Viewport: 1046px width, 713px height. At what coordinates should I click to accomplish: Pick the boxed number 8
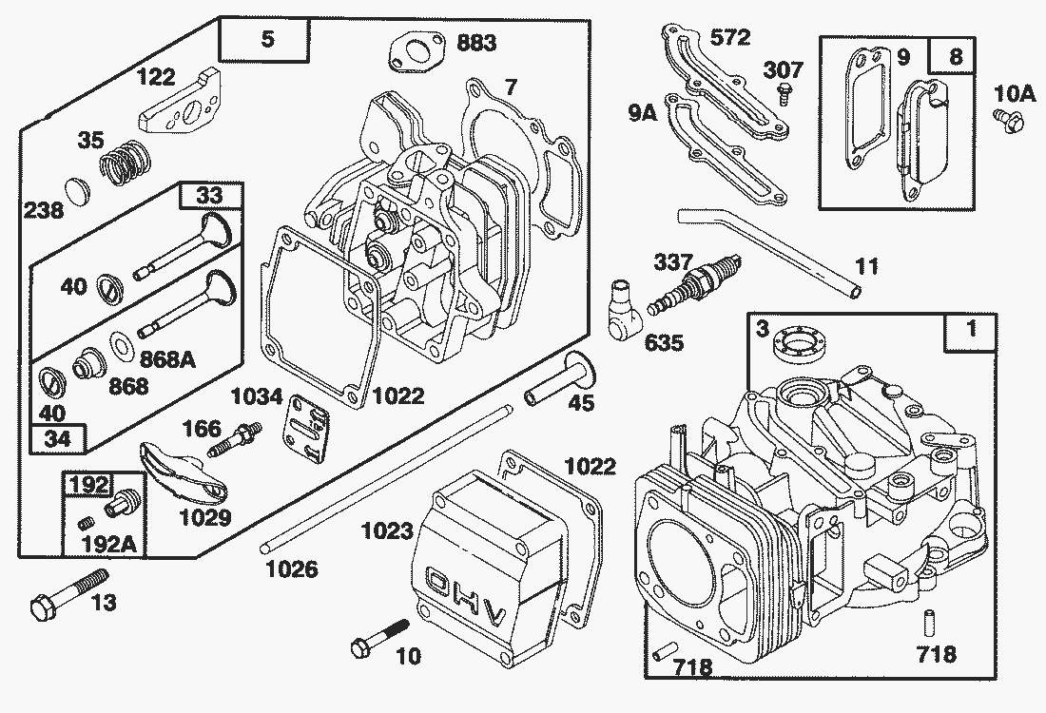tap(956, 56)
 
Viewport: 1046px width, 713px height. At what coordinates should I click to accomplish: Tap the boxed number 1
tap(971, 331)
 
